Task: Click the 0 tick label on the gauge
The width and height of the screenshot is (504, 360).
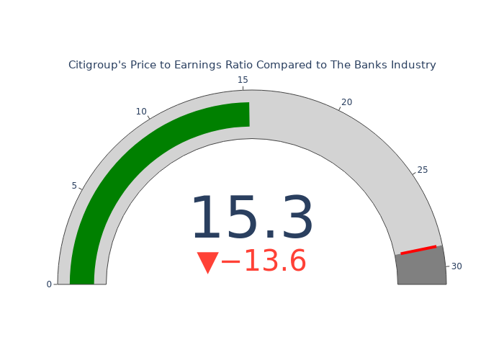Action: (x=49, y=284)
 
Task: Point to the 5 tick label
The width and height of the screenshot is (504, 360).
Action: (x=74, y=186)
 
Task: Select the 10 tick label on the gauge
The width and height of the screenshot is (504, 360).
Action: (x=141, y=112)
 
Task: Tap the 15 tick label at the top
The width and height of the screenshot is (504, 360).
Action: (x=243, y=80)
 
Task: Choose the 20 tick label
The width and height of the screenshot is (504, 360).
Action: (x=346, y=102)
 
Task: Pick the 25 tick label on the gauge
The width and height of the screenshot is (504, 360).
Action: (x=423, y=170)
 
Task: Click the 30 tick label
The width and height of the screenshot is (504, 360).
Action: (x=456, y=266)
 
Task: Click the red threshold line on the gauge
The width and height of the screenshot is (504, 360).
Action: (x=418, y=250)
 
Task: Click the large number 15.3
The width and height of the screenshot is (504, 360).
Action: (x=252, y=217)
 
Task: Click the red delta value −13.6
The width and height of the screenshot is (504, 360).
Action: (x=264, y=261)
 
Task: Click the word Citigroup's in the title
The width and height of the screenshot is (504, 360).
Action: (x=98, y=65)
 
